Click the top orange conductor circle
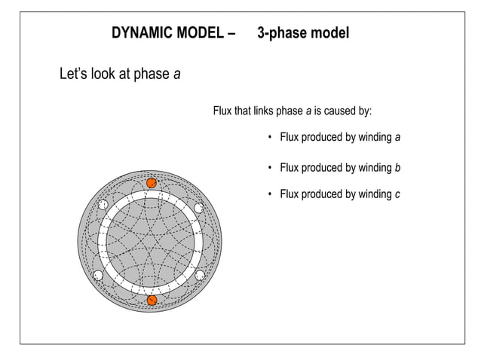152,183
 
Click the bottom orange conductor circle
152,301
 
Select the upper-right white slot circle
200,208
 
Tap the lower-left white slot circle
99,275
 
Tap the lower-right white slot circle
201,276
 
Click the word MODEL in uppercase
200,34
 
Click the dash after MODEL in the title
231,34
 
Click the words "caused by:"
348,111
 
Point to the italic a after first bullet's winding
397,138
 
